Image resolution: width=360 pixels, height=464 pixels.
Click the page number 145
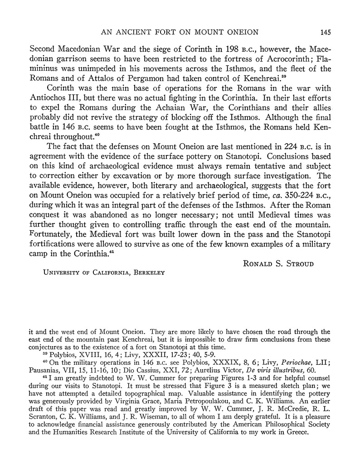[x=325, y=32]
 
